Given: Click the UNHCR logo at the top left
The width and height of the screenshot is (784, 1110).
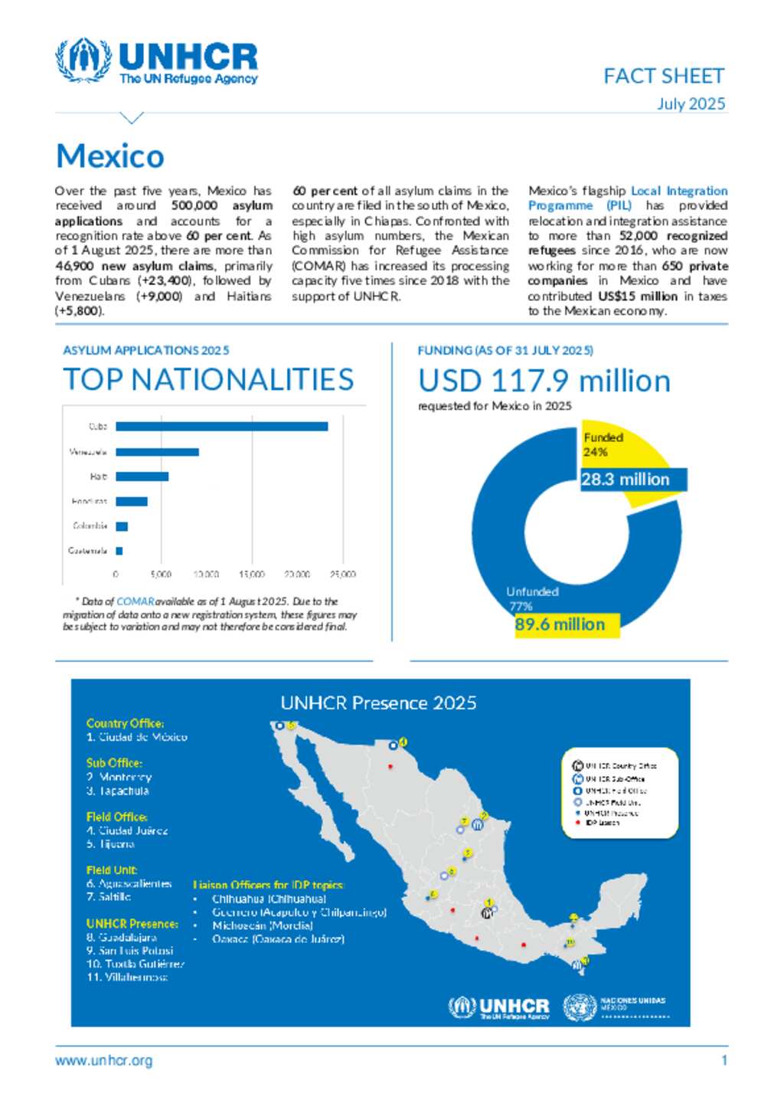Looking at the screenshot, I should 157,61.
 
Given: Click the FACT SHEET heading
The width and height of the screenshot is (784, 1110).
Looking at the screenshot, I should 663,76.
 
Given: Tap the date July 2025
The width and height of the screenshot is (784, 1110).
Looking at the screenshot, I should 691,103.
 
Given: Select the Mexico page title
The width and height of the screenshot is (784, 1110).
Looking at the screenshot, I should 110,156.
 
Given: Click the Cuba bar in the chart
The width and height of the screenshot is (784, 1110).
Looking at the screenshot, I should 221,427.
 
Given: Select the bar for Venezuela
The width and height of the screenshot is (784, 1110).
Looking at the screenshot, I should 157,452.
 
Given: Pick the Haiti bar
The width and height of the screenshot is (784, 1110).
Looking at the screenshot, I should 142,476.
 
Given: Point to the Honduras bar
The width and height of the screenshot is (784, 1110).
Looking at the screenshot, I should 131,502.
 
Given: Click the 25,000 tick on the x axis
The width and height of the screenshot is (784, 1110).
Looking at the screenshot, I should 342,574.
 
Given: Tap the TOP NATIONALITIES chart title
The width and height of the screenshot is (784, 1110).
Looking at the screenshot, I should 208,380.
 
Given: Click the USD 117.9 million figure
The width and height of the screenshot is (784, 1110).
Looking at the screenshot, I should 544,381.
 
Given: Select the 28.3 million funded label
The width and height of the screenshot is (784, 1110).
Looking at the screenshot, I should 625,480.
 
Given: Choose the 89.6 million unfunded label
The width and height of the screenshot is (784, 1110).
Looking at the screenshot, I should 560,624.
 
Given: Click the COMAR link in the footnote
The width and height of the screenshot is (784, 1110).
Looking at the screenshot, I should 136,602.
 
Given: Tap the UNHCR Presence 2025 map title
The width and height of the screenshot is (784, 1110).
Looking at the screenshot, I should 378,703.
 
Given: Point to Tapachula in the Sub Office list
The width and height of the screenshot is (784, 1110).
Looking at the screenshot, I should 122,791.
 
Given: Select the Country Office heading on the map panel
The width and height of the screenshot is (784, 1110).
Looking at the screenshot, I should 125,723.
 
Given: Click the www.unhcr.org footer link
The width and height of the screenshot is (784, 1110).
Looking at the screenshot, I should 103,1061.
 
